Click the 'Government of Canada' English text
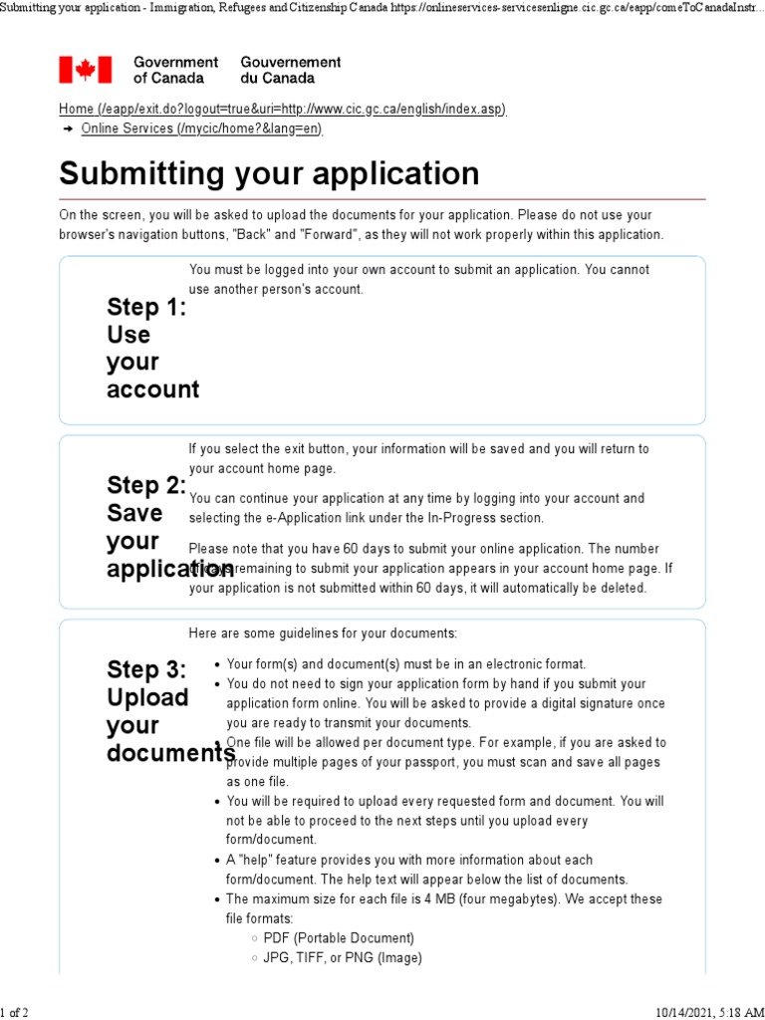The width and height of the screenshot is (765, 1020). (x=175, y=70)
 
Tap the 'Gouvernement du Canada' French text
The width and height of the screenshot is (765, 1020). (x=290, y=70)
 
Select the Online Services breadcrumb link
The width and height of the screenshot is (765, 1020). (x=201, y=128)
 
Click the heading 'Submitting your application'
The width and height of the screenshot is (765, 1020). (x=269, y=174)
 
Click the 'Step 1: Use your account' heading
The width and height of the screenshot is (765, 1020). (x=151, y=349)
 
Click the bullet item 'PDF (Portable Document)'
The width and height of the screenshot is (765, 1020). (x=339, y=938)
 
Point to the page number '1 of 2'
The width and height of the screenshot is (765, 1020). (x=15, y=1012)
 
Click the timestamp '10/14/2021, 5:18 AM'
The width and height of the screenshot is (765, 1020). (x=709, y=1012)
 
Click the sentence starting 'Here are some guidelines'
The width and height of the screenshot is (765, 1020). (x=323, y=634)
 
